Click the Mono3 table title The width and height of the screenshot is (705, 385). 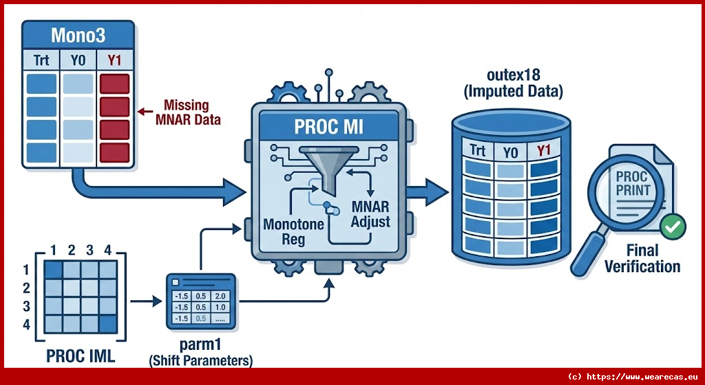[77, 35]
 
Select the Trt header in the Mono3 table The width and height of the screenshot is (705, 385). [41, 61]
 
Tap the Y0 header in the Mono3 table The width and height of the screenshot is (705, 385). [77, 61]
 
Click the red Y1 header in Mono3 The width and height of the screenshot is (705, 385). [114, 61]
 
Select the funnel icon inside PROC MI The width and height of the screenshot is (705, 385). [324, 165]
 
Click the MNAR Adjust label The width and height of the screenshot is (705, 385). [370, 214]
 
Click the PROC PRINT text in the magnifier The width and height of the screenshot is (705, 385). [632, 183]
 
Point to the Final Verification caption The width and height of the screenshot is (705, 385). [642, 258]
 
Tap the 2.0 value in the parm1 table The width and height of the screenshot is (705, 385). [221, 297]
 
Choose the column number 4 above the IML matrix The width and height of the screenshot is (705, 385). [107, 251]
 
